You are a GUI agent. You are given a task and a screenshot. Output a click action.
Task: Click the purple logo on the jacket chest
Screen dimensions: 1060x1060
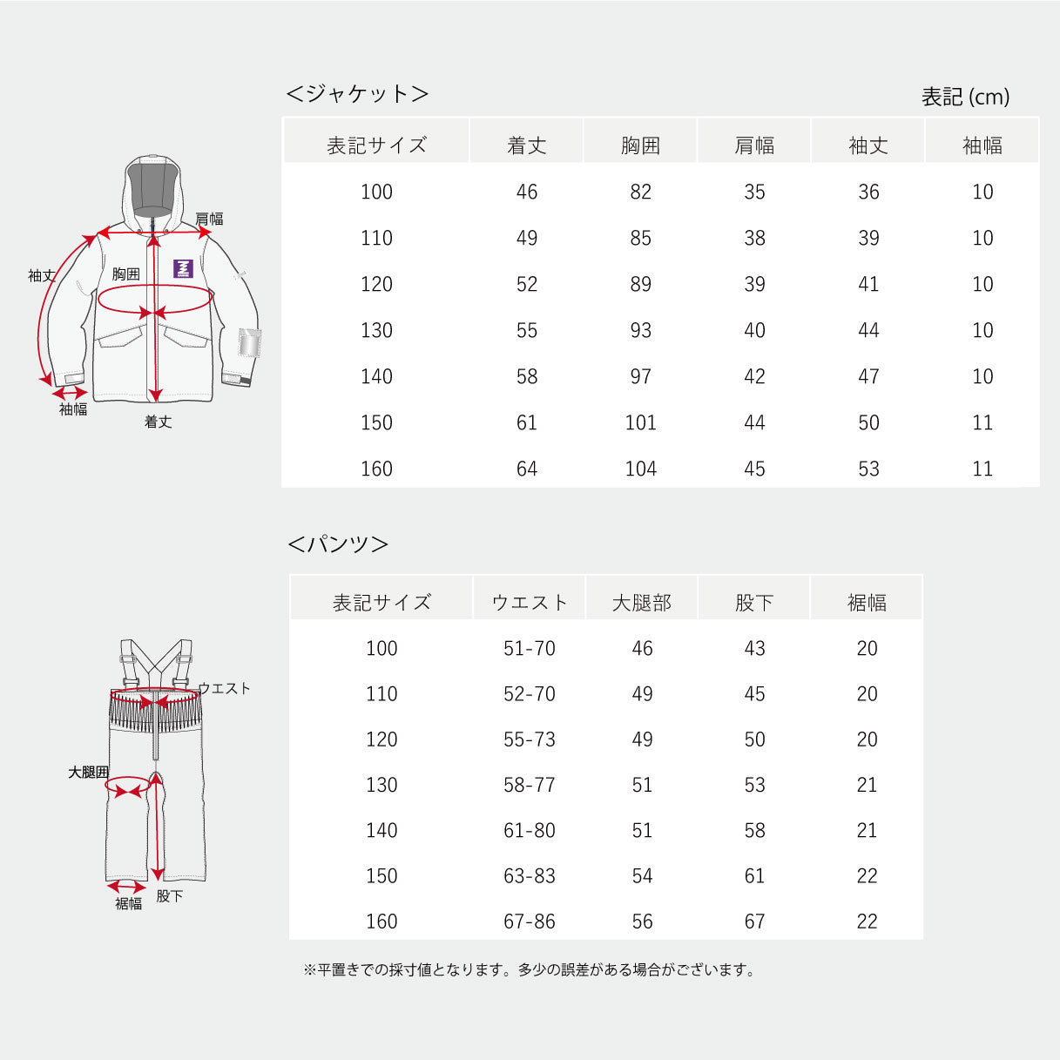[x=183, y=268]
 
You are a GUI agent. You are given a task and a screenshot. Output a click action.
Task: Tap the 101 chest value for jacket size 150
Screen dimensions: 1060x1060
[x=640, y=422]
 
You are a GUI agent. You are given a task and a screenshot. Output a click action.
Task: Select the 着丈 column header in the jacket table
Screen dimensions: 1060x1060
[x=526, y=145]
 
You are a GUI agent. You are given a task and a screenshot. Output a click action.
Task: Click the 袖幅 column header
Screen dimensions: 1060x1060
[x=982, y=145]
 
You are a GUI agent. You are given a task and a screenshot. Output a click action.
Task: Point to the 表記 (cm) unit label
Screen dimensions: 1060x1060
[x=965, y=97]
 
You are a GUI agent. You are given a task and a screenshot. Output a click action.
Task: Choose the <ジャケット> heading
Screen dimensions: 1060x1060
[x=358, y=93]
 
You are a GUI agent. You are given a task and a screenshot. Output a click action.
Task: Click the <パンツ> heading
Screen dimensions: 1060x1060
[x=338, y=544]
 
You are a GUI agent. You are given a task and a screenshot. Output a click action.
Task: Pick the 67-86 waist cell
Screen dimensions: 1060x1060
[x=530, y=922]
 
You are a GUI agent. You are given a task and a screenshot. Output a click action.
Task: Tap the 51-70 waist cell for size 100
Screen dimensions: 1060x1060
[x=530, y=649]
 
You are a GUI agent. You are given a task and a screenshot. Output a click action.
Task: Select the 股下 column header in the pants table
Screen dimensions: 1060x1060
[x=754, y=603]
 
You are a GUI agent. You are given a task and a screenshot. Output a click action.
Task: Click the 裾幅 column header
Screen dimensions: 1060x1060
[x=867, y=603]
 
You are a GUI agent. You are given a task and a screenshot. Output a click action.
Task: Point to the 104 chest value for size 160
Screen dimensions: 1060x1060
[x=640, y=469]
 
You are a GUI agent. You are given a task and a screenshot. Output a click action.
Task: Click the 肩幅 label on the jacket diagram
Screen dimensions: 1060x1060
[x=209, y=219]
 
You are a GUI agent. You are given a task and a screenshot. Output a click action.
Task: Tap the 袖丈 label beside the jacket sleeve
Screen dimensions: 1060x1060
[x=42, y=275]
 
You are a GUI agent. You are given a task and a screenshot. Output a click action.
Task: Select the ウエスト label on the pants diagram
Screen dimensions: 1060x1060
[x=224, y=688]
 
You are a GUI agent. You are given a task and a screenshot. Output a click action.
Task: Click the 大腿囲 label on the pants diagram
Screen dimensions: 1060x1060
[x=89, y=773]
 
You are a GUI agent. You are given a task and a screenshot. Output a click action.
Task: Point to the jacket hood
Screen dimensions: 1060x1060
[x=152, y=192]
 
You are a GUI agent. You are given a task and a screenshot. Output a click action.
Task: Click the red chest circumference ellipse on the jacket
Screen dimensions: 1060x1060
[x=155, y=299]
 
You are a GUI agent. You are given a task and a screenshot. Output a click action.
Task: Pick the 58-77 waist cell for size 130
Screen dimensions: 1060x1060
[x=530, y=785]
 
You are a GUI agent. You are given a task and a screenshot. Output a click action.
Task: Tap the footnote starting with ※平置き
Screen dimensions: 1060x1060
[x=530, y=969]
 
